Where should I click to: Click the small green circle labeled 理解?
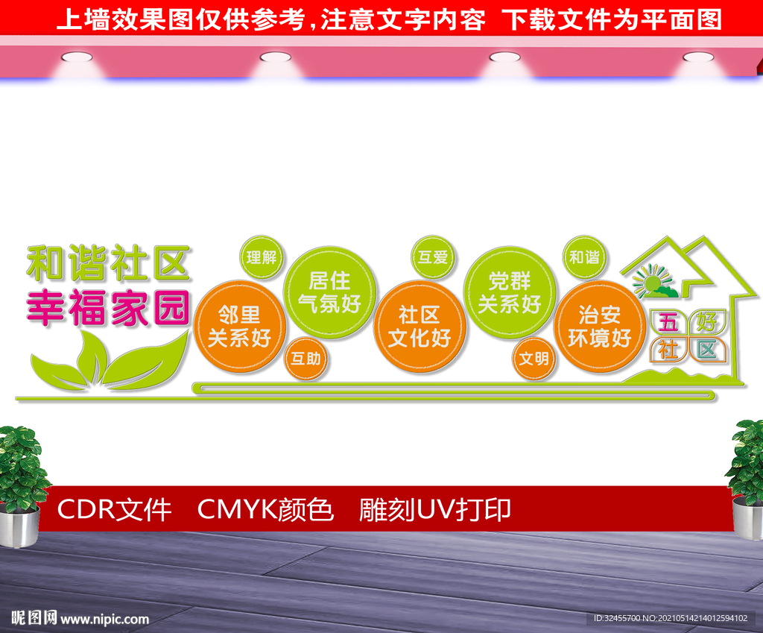(262, 257)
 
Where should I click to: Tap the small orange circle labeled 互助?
(306, 359)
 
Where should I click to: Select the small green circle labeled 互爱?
(433, 257)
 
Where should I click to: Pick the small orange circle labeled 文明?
(534, 359)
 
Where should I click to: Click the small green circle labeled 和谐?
(584, 257)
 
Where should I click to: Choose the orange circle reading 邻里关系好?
(239, 327)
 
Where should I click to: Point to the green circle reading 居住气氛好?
(329, 292)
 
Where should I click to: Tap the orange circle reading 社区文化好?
(420, 327)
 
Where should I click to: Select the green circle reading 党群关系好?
(510, 292)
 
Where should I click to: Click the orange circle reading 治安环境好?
(600, 327)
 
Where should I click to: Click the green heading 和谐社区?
(108, 263)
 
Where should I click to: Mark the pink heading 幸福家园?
(108, 307)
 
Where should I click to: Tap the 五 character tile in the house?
(668, 322)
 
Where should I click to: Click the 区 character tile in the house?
(706, 350)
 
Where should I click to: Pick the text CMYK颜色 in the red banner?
(265, 510)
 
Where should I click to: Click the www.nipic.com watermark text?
(104, 619)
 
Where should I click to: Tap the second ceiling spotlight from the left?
(276, 57)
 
